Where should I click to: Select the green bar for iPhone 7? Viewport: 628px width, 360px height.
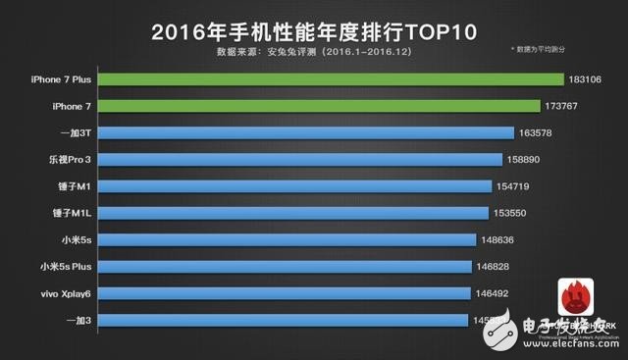319,105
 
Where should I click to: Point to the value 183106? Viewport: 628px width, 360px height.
591,78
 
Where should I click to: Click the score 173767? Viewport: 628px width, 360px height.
566,105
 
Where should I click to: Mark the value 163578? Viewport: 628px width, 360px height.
541,131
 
